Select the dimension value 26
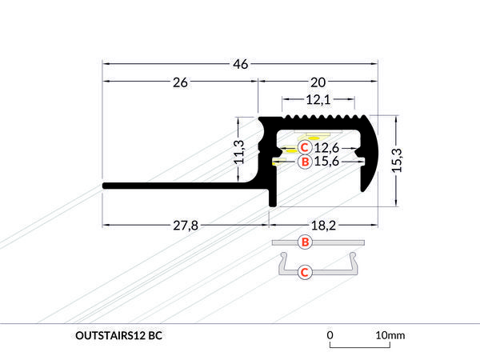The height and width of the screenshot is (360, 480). coord(180,81)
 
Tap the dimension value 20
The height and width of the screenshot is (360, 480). coord(318,81)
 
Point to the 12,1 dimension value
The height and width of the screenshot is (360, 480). coord(318,100)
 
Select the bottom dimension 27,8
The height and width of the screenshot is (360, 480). coord(184,226)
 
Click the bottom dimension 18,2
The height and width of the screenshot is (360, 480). coord(323,226)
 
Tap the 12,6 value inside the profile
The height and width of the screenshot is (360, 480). coord(328,148)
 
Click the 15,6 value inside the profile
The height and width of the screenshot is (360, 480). coord(328,162)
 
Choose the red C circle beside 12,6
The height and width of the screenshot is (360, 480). coord(305,147)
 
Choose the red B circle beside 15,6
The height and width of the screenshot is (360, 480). coord(305,162)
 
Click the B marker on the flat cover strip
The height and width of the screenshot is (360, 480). coord(304,242)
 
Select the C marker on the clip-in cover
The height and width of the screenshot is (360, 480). coord(304,273)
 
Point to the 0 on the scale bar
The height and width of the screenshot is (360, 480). coord(330,334)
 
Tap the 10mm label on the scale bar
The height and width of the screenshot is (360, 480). coord(391,334)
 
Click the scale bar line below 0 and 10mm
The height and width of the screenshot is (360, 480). coord(360,348)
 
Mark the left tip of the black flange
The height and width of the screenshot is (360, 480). coord(105,186)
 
